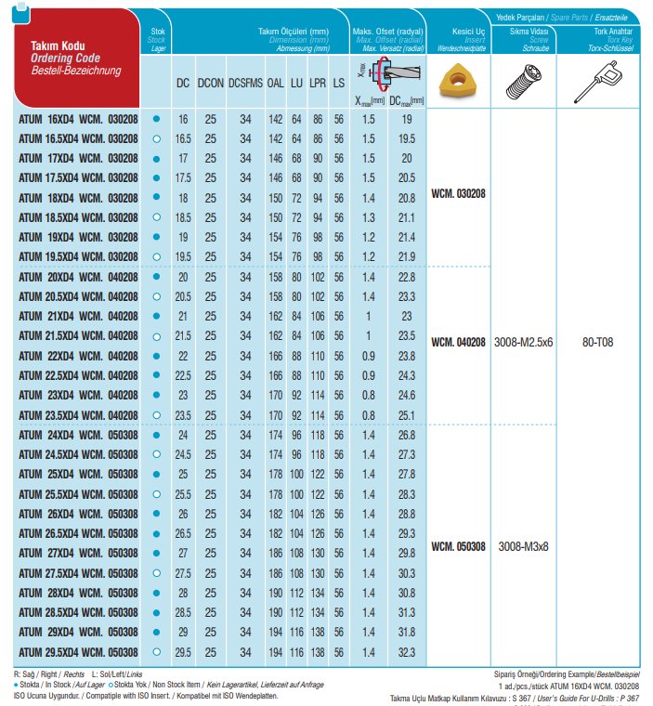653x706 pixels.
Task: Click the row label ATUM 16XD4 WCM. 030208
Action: pyautogui.click(x=78, y=119)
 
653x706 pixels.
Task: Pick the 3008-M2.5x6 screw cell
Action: pyautogui.click(x=526, y=342)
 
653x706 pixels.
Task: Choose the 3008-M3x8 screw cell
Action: pyautogui.click(x=526, y=546)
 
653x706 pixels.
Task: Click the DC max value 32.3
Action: pyautogui.click(x=406, y=653)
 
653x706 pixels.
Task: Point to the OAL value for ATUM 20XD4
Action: pyautogui.click(x=276, y=277)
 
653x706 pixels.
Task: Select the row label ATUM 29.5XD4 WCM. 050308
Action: pyautogui.click(x=78, y=653)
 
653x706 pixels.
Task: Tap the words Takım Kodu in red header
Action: pyautogui.click(x=59, y=46)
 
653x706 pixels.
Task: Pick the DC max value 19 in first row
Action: pyautogui.click(x=406, y=119)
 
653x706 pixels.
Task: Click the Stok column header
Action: pyautogui.click(x=156, y=37)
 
